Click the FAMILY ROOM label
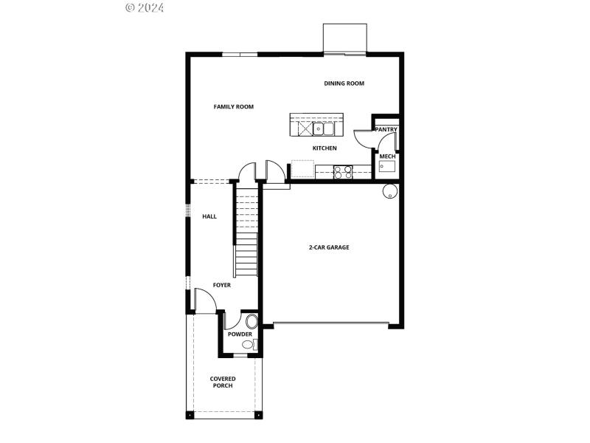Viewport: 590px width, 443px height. (x=233, y=107)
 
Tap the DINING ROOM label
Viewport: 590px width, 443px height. (x=344, y=83)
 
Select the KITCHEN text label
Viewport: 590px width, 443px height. (x=324, y=148)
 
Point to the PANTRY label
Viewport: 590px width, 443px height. (x=386, y=130)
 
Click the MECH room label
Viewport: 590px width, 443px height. (x=386, y=157)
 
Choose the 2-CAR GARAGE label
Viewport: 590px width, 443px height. (x=329, y=247)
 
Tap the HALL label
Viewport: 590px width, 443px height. (x=209, y=216)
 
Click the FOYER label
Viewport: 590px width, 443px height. (x=221, y=285)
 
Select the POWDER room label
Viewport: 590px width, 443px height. (x=240, y=334)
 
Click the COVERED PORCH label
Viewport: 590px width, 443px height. (x=223, y=382)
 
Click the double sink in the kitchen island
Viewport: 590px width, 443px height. (x=325, y=129)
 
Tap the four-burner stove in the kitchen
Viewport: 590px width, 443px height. (x=343, y=172)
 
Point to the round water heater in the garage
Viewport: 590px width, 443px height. (x=390, y=192)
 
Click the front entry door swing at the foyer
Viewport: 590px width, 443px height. (x=204, y=300)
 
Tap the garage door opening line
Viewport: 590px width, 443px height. (x=330, y=323)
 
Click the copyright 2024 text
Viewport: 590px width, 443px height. (x=145, y=7)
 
